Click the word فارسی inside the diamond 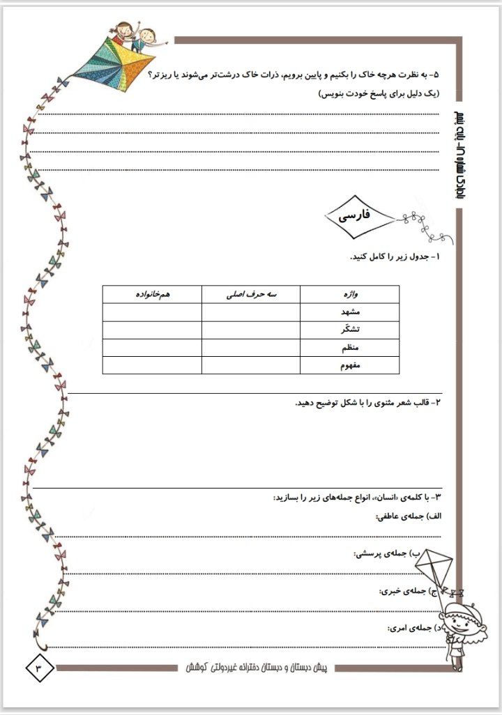coord(354,217)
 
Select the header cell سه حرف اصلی coord(251,294)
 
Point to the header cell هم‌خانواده coord(152,294)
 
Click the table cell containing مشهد coord(350,312)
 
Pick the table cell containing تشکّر coord(350,330)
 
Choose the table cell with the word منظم coord(350,347)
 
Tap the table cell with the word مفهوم coord(350,364)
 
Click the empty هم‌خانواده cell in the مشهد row coord(152,312)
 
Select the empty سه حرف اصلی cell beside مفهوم coord(251,364)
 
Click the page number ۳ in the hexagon coord(39,668)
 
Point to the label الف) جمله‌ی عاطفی coord(409,516)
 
